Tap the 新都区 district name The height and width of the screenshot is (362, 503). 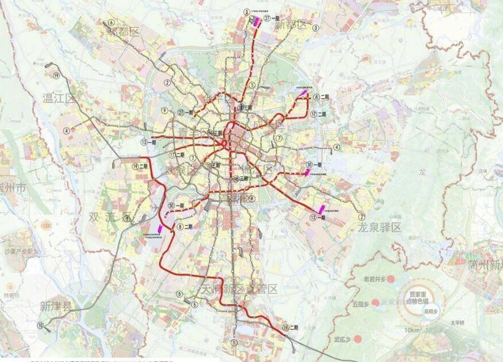tap(290, 25)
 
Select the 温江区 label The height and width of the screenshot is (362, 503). tap(59, 98)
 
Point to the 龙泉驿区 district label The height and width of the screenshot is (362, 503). tap(379, 227)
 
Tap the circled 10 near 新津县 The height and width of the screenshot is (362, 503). tap(40, 326)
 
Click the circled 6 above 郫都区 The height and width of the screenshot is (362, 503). tap(110, 23)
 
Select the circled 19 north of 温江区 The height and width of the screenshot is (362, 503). tap(56, 75)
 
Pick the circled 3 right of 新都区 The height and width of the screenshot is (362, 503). tap(316, 27)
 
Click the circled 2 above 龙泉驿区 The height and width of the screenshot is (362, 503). tap(361, 217)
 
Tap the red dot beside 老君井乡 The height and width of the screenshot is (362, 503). tap(391, 279)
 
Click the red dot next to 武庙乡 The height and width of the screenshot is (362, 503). tap(358, 339)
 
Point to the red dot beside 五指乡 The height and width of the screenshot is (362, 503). tap(376, 302)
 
